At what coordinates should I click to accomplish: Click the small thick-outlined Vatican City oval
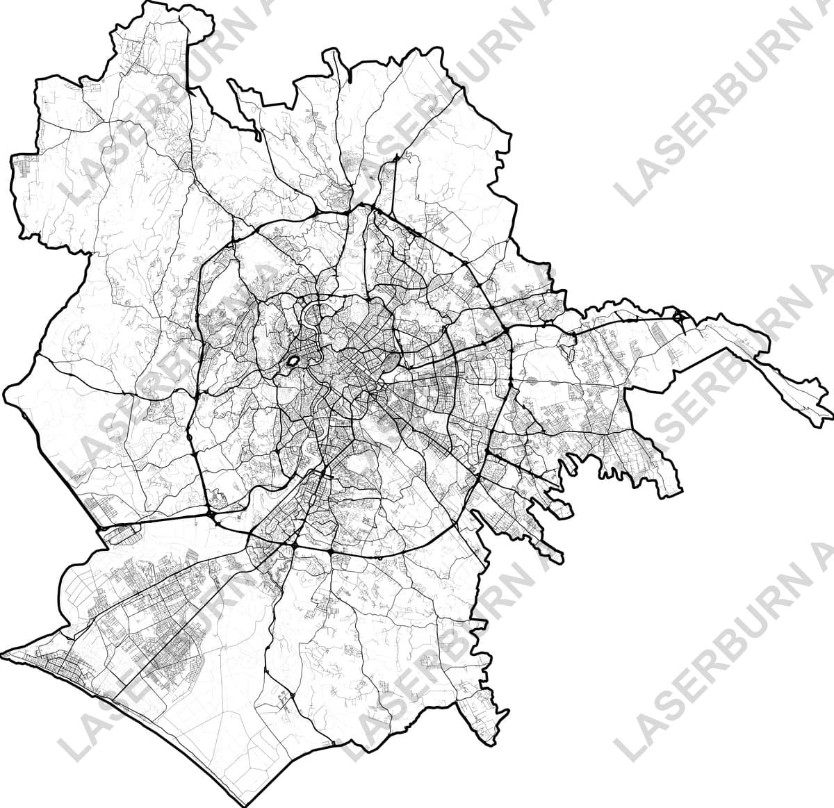293,362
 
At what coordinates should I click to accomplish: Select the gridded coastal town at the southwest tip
49,667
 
